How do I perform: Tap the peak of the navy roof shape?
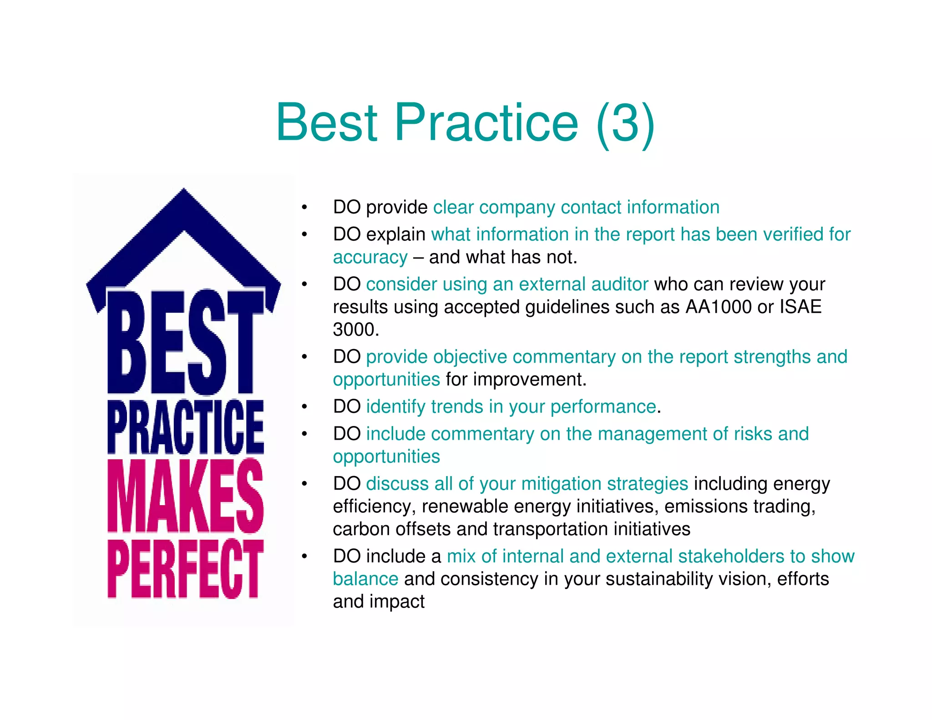pyautogui.click(x=184, y=191)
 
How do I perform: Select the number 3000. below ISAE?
pyautogui.click(x=356, y=330)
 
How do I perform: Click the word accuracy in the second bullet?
pyautogui.click(x=370, y=258)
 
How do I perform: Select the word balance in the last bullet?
pyautogui.click(x=365, y=579)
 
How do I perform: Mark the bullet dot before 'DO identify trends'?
pyautogui.click(x=304, y=407)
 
